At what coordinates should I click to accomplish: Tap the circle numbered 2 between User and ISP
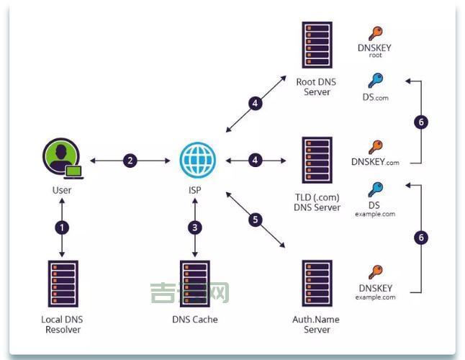click(x=130, y=161)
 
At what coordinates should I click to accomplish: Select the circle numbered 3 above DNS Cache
click(x=195, y=228)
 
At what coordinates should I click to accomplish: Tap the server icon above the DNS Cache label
click(x=194, y=283)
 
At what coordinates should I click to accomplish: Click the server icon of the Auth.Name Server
click(x=317, y=283)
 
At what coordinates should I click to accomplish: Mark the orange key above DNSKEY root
click(x=375, y=34)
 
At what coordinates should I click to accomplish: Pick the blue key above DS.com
click(x=375, y=80)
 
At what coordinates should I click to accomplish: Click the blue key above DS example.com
click(x=375, y=189)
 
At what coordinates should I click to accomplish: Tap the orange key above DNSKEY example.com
click(x=375, y=273)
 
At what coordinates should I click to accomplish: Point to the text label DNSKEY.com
click(x=375, y=162)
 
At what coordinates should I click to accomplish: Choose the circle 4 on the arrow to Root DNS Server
click(x=255, y=103)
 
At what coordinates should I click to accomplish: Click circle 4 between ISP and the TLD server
click(x=255, y=161)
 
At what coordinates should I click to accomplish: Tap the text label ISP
click(x=195, y=191)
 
